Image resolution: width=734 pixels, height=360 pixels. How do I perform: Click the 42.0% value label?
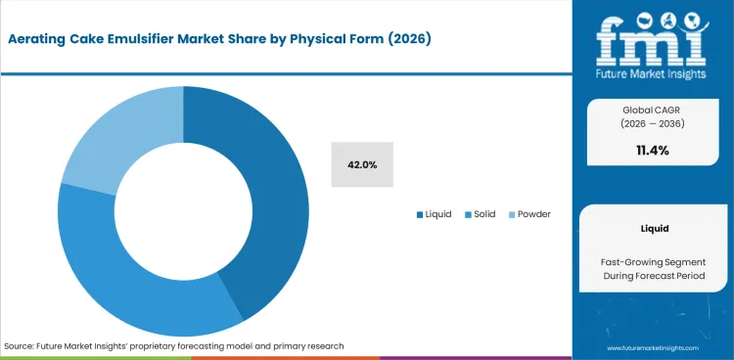(362, 164)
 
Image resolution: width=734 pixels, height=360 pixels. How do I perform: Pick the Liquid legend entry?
(434, 214)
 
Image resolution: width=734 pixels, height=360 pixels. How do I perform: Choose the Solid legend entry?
(482, 214)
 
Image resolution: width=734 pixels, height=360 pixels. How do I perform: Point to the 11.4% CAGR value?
(652, 150)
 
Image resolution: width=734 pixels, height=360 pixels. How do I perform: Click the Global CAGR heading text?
(653, 110)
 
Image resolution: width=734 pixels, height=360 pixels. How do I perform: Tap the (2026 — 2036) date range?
(653, 124)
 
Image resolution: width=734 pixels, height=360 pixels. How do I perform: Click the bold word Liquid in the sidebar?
(653, 229)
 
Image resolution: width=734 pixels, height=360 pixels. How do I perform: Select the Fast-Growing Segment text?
(653, 261)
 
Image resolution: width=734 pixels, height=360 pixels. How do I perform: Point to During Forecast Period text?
(653, 278)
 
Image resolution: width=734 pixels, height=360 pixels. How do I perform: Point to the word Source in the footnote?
(21, 346)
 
